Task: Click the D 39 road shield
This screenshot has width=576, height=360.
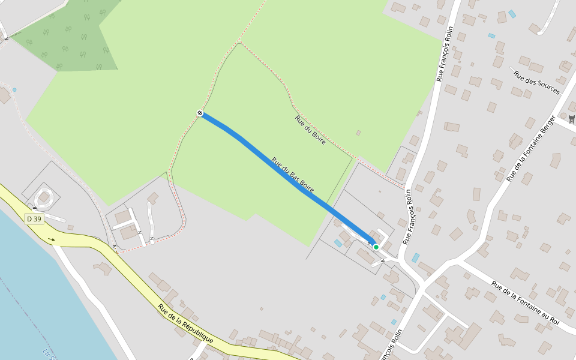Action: point(34,219)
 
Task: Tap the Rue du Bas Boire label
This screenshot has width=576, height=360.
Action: point(293,175)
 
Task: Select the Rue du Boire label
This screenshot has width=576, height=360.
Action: point(310,130)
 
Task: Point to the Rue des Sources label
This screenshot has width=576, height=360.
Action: point(536,83)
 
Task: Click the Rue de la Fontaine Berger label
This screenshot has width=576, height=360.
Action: point(532,148)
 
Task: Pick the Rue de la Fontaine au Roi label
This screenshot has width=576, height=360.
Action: point(525,304)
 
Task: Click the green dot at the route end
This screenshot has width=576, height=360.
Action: point(376,247)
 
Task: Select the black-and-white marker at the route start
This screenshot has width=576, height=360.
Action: point(200,113)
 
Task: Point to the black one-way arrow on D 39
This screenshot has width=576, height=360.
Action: point(52,239)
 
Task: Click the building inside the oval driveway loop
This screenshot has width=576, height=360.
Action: point(44,197)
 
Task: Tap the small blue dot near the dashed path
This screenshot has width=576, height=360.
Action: point(14,90)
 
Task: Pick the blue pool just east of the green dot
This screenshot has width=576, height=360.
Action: point(415,257)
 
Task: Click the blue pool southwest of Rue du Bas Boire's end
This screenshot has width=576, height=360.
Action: point(338,243)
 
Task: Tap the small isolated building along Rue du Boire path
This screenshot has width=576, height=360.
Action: point(358,133)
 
